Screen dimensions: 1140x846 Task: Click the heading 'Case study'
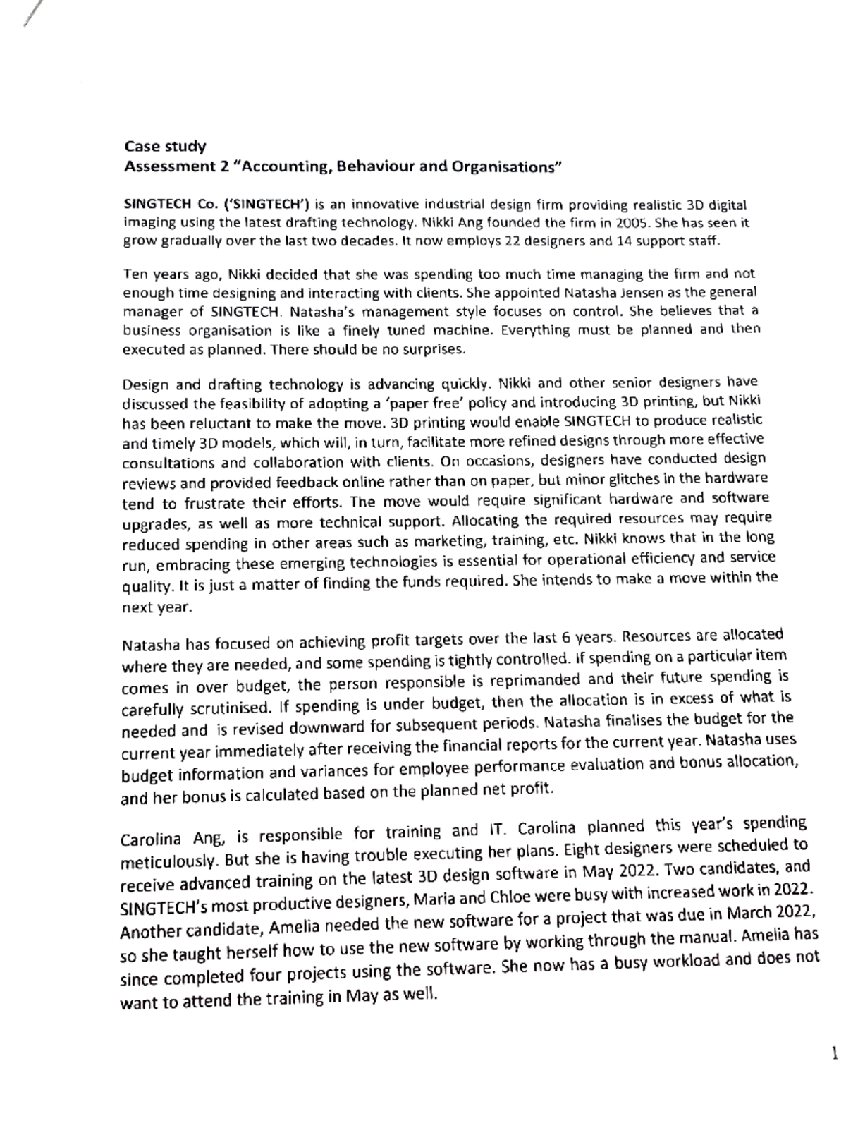click(x=165, y=147)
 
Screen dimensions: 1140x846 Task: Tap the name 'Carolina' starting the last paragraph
click(x=150, y=841)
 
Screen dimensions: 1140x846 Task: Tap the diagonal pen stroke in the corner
click(x=29, y=14)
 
